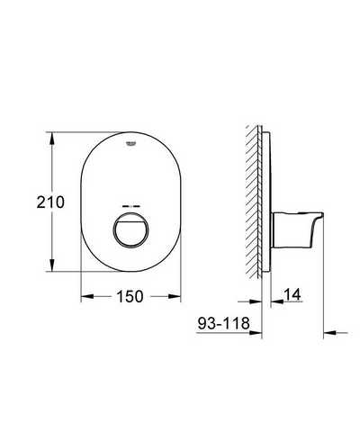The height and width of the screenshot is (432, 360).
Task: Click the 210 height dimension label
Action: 50,202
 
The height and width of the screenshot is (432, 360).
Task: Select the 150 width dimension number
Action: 130,296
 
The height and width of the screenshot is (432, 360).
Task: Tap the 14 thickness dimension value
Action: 292,294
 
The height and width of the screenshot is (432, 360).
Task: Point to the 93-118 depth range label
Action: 223,323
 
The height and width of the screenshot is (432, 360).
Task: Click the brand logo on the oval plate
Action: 130,143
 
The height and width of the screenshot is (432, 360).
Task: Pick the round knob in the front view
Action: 130,230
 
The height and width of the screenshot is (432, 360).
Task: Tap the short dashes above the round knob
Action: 131,207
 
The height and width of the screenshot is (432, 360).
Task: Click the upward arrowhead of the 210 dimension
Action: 52,139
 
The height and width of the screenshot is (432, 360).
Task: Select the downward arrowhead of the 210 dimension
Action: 52,265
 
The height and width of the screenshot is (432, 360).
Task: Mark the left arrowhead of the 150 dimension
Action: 87,296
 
